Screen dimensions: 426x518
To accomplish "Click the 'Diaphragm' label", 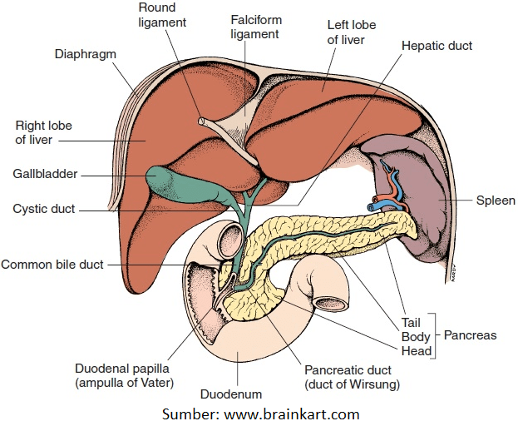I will tap(85, 54).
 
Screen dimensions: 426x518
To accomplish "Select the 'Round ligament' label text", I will tap(156, 15).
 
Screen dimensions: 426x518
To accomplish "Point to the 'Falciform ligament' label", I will tap(254, 27).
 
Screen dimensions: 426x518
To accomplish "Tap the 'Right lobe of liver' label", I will tap(43, 133).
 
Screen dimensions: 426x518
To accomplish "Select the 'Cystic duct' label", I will tap(43, 209).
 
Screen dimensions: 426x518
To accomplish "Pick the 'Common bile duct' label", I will tap(52, 265).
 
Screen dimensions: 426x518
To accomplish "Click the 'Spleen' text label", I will tap(496, 201).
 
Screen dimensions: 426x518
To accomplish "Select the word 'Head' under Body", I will tap(417, 350).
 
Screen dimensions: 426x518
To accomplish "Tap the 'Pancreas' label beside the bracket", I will tap(470, 335).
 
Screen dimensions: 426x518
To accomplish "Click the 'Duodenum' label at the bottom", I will tap(231, 394).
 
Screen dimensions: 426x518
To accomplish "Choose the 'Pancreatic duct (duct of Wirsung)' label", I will tap(352, 377).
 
